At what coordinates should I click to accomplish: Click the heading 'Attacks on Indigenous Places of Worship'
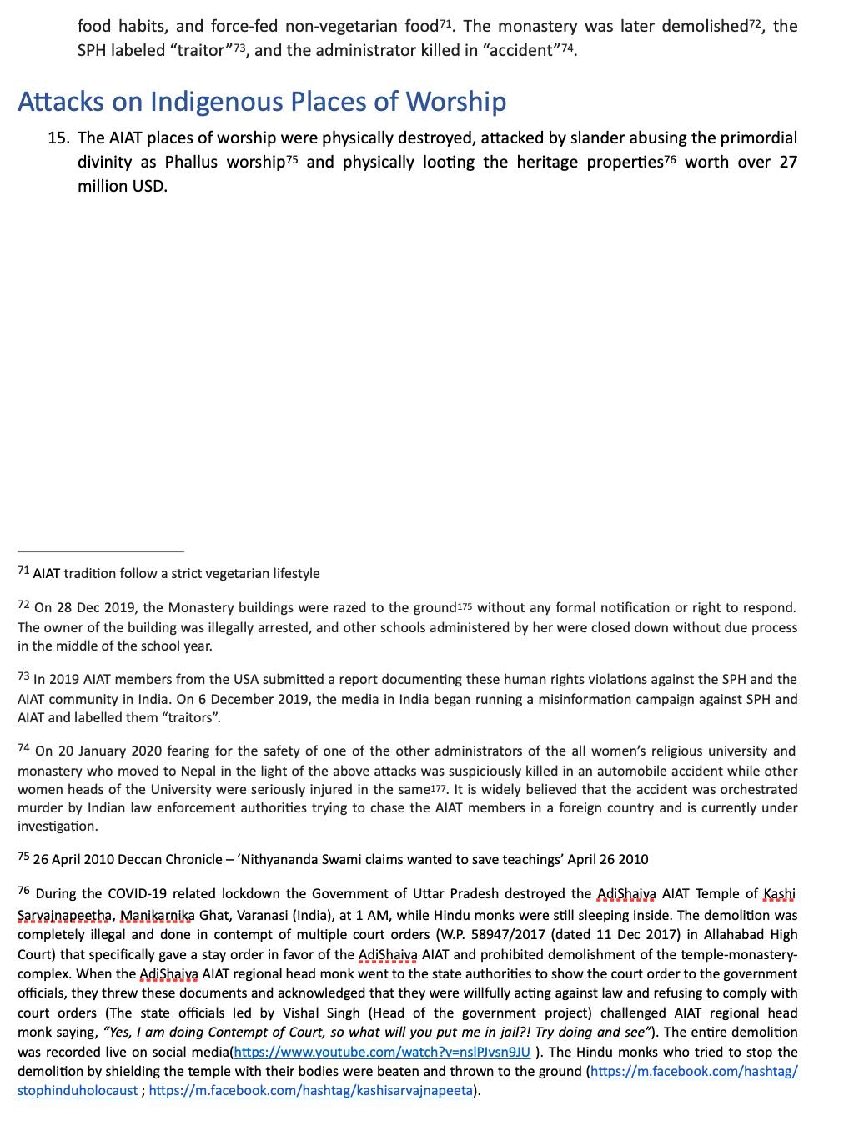(x=262, y=102)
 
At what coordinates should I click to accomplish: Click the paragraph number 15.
(x=58, y=138)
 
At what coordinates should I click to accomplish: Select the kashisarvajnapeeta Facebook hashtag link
(x=310, y=1090)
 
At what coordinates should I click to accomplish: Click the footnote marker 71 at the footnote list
(x=23, y=572)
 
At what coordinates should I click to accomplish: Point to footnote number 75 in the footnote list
(x=23, y=857)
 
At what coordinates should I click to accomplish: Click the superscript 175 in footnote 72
(x=467, y=607)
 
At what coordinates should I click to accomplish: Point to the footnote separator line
(x=100, y=550)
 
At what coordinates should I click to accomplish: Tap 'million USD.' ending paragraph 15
(x=123, y=185)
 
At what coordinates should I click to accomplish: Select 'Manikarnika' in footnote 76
(x=156, y=915)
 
